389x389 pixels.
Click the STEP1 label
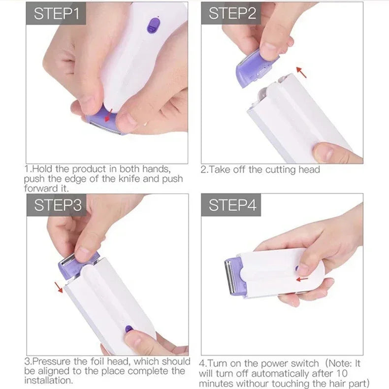pos(56,14)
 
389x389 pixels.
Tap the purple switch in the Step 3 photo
pos(129,328)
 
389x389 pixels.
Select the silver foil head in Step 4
pos(229,278)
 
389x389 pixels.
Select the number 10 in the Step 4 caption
pos(356,373)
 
